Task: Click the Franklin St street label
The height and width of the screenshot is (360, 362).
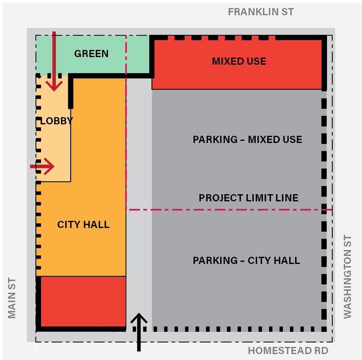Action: tap(260, 12)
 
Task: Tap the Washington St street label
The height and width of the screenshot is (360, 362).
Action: tap(348, 277)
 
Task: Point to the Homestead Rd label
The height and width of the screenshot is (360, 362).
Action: tap(288, 351)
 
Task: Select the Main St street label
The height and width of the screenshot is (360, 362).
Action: tap(12, 298)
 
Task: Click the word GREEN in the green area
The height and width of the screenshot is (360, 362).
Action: tap(91, 54)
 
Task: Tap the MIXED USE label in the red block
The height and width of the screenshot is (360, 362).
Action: tap(239, 61)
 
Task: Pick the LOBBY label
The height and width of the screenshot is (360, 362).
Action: tap(56, 121)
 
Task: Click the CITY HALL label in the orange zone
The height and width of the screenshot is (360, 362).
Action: tap(83, 225)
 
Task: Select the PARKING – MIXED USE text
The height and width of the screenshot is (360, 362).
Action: tap(247, 140)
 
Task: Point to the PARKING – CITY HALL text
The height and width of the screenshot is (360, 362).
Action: tap(246, 261)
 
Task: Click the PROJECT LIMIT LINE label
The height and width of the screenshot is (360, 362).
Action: tap(249, 198)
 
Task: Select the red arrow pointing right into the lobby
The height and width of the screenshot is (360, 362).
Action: tap(43, 166)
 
